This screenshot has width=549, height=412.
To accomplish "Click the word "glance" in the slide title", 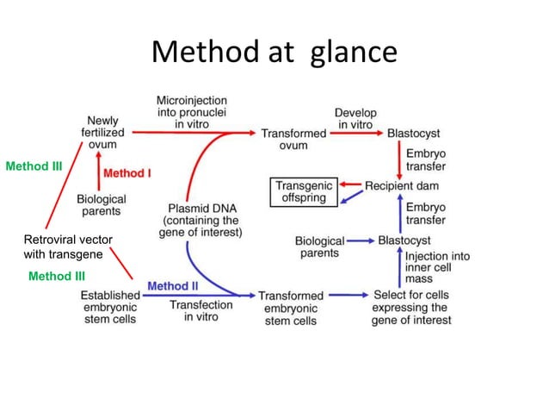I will [348, 53].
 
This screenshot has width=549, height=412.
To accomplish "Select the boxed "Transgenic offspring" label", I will [301, 191].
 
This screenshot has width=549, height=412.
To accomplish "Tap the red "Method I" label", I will [126, 173].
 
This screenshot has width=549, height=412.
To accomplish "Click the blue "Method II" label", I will [173, 285].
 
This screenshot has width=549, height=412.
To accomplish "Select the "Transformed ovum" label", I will [293, 139].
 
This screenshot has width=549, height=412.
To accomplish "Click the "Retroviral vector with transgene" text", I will [67, 247].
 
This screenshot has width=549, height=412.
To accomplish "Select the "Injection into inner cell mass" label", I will [437, 268].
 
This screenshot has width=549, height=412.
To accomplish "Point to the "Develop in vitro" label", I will [355, 119].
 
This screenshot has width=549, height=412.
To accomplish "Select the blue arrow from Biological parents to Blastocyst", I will [360, 240].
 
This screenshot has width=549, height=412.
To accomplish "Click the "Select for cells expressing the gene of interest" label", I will [410, 308].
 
